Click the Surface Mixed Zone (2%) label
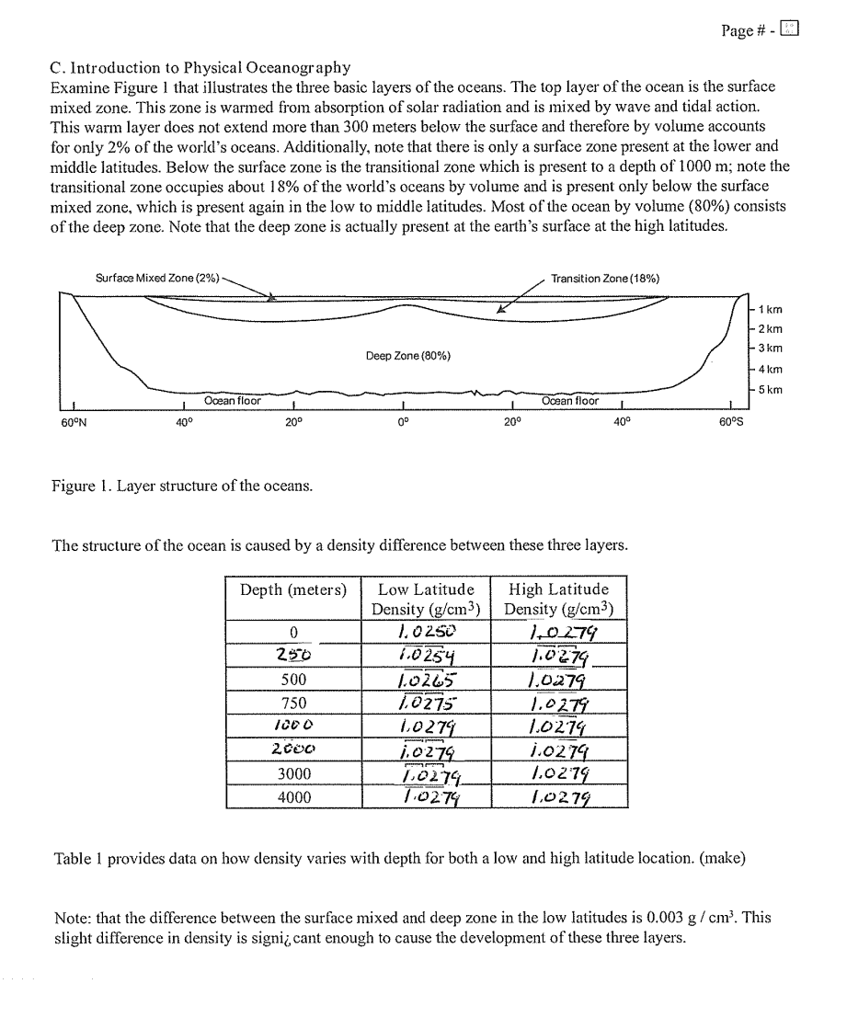coord(157,278)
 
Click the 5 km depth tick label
coord(770,389)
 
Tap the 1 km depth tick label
coord(770,310)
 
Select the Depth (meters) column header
coord(293,589)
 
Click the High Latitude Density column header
coord(558,599)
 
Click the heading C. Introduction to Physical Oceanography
coord(201,67)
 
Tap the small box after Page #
coord(789,29)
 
